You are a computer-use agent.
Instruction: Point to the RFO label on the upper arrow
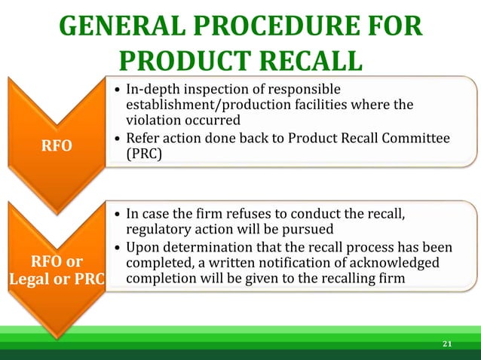coord(58,145)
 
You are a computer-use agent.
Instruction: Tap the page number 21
coord(447,344)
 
